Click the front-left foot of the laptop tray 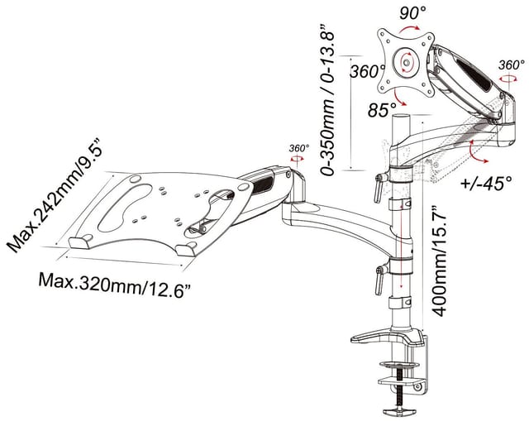(x=81, y=242)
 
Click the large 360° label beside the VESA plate (x=364, y=73)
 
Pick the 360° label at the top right (x=512, y=64)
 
